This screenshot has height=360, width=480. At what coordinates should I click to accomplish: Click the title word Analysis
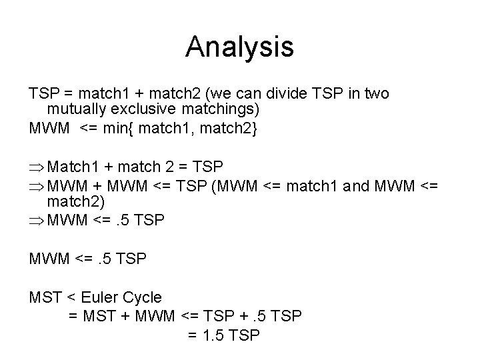point(239,47)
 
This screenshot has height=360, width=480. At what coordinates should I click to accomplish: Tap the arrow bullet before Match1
point(37,166)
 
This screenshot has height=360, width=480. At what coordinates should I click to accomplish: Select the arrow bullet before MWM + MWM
point(37,183)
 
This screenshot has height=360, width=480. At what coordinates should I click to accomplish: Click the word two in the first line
point(377,93)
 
